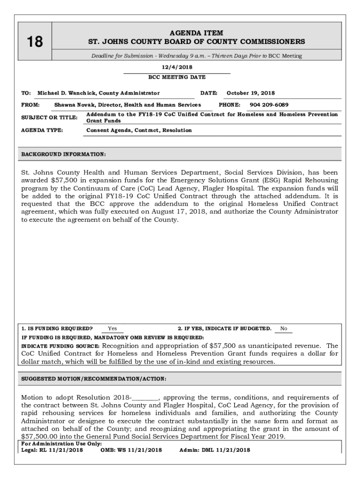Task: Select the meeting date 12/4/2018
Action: point(176,67)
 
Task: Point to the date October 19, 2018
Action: point(251,93)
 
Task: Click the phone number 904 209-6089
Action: point(269,105)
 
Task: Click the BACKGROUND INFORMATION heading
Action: point(64,154)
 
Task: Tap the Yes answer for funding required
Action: point(113,328)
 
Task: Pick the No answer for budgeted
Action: point(283,328)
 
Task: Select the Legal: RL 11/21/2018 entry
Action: point(52,450)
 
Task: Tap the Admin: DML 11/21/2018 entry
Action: point(215,450)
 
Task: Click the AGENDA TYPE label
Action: point(42,130)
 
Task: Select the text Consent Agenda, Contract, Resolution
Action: point(139,130)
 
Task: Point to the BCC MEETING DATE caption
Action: point(177,77)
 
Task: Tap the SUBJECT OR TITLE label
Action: point(49,117)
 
